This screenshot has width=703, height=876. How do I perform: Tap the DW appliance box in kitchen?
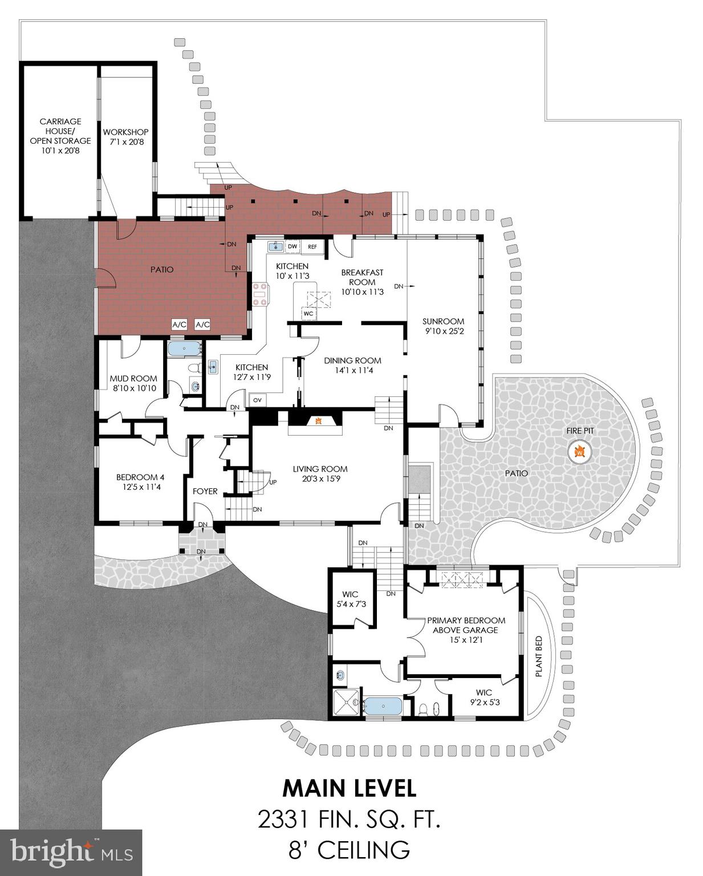[292, 246]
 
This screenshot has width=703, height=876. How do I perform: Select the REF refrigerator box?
[312, 246]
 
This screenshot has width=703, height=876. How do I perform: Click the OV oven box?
[257, 400]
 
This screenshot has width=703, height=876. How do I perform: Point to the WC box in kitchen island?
[308, 314]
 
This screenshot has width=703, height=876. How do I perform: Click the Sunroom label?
[443, 326]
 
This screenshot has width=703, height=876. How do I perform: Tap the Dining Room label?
[352, 365]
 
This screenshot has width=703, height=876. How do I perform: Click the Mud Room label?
[133, 383]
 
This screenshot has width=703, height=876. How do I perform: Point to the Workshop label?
[125, 136]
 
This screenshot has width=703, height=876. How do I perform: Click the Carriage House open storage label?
[60, 136]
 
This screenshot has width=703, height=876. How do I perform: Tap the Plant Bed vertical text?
[538, 656]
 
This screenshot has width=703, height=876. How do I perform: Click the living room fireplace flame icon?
[319, 421]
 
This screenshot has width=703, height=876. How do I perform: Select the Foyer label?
[205, 491]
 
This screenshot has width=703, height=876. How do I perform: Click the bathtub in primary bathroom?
[383, 707]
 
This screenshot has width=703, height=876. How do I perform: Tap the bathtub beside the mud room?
[185, 348]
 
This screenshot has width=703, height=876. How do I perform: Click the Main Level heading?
[350, 788]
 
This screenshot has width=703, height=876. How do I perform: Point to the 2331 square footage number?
[283, 820]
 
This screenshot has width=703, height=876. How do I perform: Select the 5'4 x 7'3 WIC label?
[350, 599]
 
